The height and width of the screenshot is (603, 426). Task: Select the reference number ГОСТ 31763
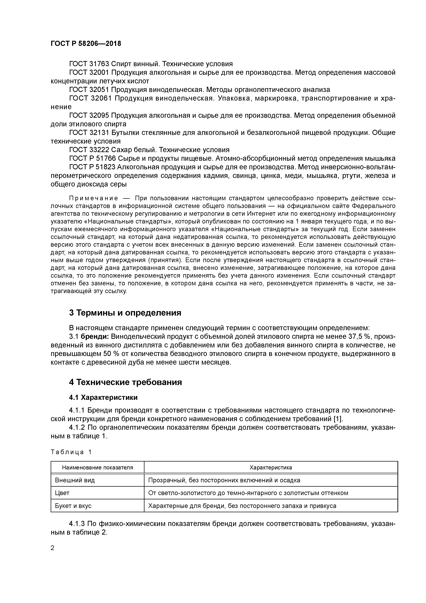coord(89,64)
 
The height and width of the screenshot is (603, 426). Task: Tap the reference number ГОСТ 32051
coord(89,90)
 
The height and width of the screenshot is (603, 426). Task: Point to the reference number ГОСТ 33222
coord(89,150)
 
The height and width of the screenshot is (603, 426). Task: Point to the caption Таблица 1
coord(71,452)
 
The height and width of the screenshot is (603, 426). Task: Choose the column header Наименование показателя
coord(97,468)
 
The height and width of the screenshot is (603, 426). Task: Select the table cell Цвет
coord(62,493)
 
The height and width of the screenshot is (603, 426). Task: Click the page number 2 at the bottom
coord(53,548)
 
